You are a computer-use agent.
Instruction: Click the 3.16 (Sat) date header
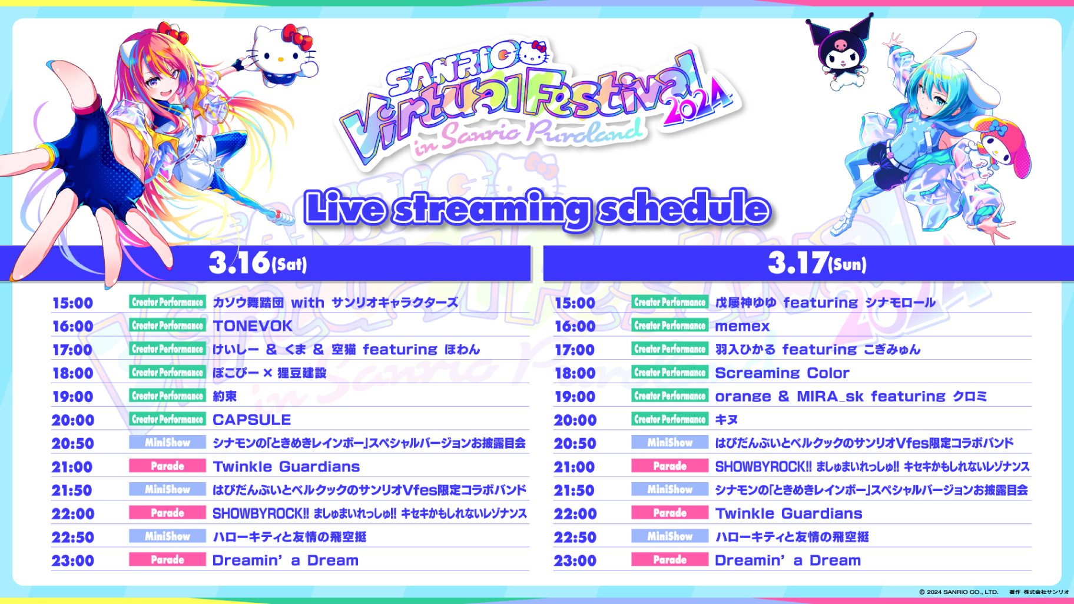(258, 263)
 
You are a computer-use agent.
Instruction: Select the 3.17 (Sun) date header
(817, 263)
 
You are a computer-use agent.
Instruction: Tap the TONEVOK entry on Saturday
(253, 326)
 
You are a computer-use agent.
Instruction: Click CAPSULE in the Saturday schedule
(252, 420)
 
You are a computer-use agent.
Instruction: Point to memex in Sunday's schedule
(742, 327)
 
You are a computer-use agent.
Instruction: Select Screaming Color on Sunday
(782, 373)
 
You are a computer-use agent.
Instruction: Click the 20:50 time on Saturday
(72, 443)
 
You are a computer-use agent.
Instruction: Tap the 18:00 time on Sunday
(575, 373)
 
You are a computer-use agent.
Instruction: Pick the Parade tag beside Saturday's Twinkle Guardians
(167, 466)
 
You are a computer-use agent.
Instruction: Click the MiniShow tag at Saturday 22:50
(167, 536)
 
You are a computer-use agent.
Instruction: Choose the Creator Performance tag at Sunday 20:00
(670, 419)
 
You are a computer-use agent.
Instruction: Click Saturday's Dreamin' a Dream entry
(286, 560)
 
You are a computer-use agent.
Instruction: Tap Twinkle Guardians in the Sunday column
(788, 514)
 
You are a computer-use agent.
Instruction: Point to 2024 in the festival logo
(698, 104)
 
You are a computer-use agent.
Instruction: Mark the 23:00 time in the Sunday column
(575, 561)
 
